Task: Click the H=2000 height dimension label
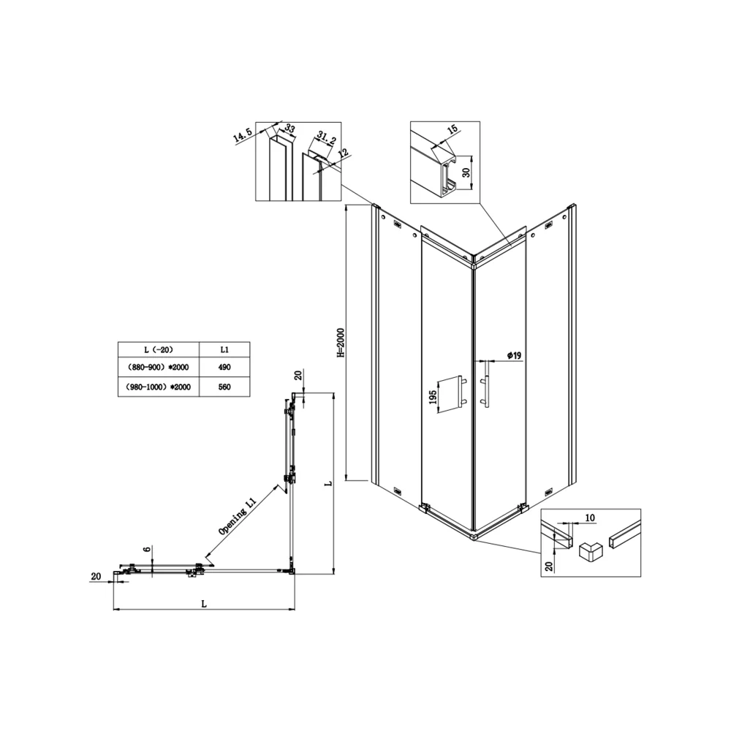click(x=341, y=343)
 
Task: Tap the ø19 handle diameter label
click(x=514, y=356)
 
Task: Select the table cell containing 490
click(x=224, y=368)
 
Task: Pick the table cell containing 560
click(x=224, y=387)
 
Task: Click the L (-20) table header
click(x=159, y=349)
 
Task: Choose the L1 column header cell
click(x=224, y=349)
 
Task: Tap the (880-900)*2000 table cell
click(x=159, y=368)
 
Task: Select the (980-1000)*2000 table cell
click(x=159, y=387)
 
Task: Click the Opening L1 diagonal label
click(x=238, y=516)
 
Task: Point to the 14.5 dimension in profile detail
click(x=243, y=135)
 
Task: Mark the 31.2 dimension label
click(x=326, y=138)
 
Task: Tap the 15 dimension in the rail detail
click(x=452, y=129)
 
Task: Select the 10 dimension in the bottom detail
click(x=590, y=518)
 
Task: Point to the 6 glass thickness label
click(x=148, y=550)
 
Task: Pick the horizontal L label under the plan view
click(x=204, y=605)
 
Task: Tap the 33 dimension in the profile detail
click(x=289, y=129)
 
